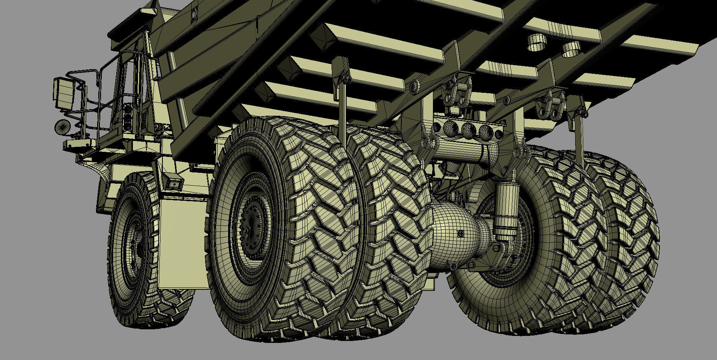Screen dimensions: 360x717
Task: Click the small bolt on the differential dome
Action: (x=461, y=234)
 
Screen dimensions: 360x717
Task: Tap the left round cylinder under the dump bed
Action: (x=537, y=42)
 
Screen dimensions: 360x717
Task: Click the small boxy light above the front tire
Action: (x=174, y=183)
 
